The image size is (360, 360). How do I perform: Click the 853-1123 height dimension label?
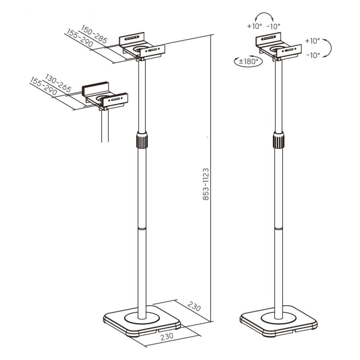[206, 184]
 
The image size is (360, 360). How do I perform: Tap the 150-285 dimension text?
[94, 34]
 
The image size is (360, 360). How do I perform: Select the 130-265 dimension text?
[58, 83]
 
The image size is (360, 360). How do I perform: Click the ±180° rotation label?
[249, 62]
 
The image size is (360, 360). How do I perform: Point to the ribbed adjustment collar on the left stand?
[142, 140]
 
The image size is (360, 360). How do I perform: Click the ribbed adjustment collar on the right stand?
[278, 140]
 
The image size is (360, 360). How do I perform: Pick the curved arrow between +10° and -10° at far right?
[331, 48]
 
